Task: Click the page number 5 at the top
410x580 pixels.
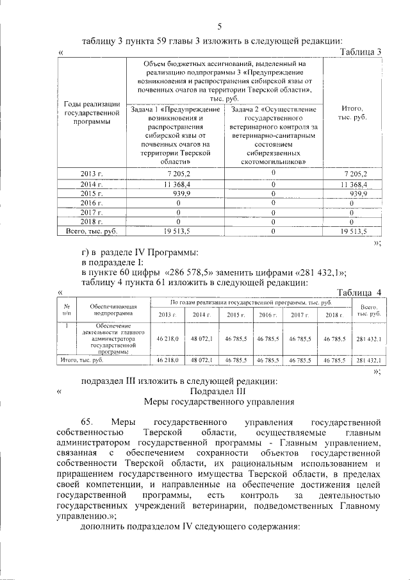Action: [x=219, y=26]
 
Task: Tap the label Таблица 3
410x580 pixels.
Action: [x=361, y=51]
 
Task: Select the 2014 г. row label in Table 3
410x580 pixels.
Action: [x=92, y=185]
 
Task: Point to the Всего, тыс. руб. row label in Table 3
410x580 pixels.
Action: [x=92, y=231]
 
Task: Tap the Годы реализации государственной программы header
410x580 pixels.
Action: [x=92, y=113]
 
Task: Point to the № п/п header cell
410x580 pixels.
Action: [x=67, y=310]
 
